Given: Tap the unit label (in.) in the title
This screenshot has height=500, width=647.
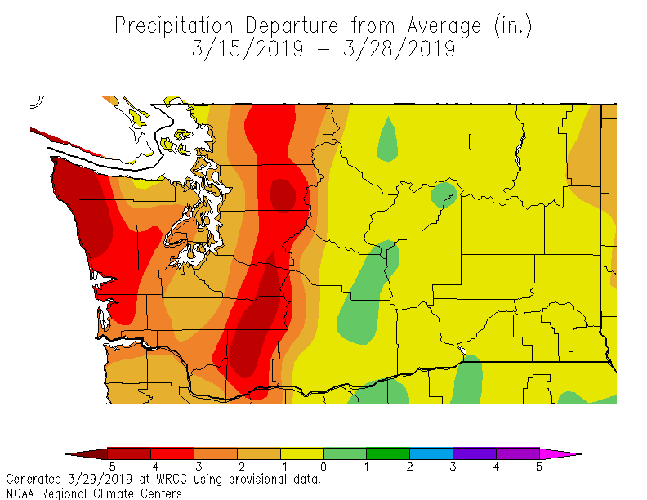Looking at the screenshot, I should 512,26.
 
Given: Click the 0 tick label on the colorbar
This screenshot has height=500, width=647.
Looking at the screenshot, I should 323,467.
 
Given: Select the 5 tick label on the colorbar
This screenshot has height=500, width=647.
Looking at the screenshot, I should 539,467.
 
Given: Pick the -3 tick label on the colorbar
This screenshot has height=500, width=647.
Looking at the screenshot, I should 193,467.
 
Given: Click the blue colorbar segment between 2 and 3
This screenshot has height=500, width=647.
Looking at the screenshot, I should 431,453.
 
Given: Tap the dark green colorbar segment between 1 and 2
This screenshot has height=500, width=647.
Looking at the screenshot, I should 387,453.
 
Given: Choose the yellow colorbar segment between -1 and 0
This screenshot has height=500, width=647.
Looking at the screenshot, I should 301,453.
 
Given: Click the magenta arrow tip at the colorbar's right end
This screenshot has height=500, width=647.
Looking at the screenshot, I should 564,453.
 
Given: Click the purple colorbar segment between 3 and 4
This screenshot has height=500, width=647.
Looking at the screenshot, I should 474,453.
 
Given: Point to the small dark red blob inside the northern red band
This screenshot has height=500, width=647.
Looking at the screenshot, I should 283,194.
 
